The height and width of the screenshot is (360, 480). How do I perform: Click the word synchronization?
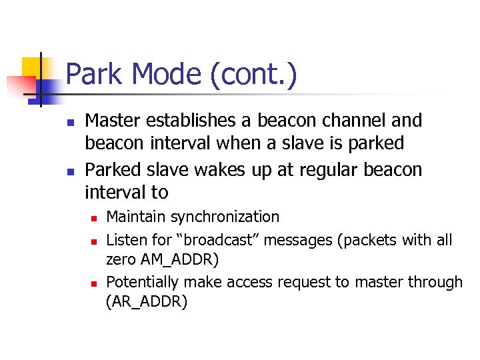[x=226, y=217]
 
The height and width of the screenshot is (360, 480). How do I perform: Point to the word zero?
[x=121, y=259]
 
